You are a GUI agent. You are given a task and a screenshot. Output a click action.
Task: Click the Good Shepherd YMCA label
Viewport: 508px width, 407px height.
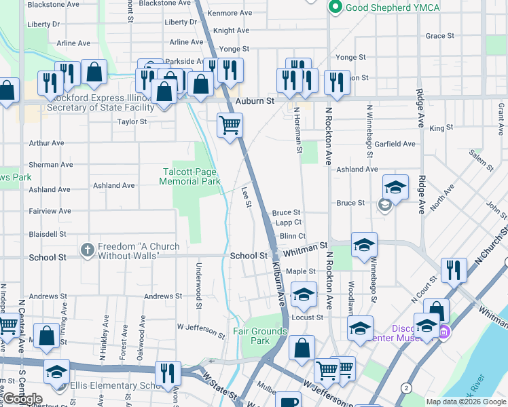coord(392,7)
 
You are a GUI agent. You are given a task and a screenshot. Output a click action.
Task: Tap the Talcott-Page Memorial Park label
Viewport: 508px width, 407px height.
coord(190,176)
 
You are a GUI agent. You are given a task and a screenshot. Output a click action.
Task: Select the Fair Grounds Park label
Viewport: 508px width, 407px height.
coord(261,336)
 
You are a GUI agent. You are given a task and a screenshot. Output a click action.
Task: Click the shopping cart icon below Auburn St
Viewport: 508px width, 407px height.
coord(230,125)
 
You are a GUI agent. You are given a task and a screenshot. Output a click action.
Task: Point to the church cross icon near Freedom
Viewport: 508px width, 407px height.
coord(87,250)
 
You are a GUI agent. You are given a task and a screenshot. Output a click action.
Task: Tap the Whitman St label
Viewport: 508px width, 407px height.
coord(305,250)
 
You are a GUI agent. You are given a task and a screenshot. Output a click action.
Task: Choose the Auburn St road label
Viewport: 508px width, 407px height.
coord(254,100)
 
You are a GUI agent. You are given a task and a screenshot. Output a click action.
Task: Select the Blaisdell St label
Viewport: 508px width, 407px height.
coord(48,233)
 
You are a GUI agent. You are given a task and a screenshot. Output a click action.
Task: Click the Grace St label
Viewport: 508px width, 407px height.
coord(439,36)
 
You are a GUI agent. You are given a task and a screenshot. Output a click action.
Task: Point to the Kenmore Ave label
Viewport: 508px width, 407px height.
coord(231,13)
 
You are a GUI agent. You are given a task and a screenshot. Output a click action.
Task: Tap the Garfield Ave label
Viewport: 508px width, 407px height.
coord(395,144)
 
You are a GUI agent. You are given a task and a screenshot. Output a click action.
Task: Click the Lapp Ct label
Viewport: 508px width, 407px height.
coord(289,222)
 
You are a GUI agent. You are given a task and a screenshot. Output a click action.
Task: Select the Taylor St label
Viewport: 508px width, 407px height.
coord(132,121)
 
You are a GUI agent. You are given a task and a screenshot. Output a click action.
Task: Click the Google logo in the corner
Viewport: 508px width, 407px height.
coord(23,399)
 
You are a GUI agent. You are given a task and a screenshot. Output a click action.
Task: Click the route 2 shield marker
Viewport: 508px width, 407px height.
coord(405,387)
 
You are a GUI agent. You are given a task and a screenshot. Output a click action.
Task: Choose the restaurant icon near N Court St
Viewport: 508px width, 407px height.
coord(453,269)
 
